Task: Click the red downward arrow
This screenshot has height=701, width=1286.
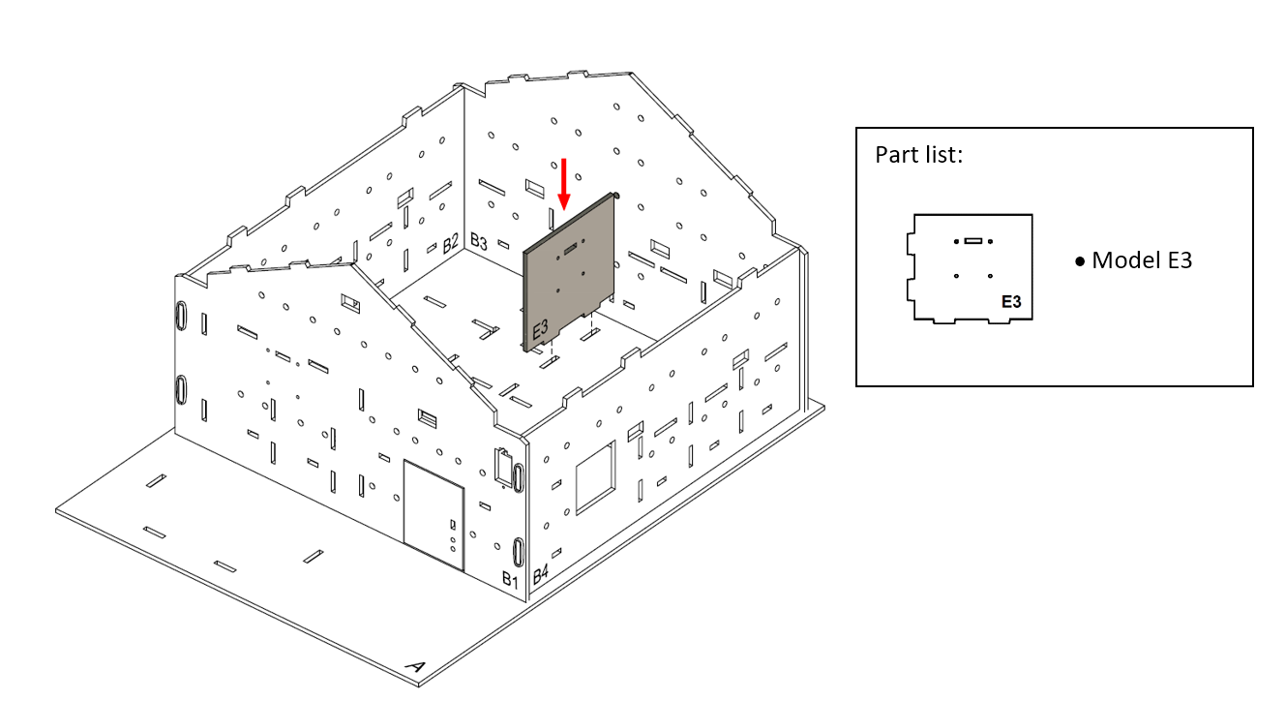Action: (x=564, y=184)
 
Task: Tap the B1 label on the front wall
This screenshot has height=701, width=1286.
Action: (x=510, y=579)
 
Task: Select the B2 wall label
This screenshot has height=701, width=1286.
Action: (x=451, y=243)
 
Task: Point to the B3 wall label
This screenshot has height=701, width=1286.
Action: (x=479, y=241)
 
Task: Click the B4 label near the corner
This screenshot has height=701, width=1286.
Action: (x=541, y=573)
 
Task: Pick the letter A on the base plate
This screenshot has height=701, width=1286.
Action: (x=415, y=666)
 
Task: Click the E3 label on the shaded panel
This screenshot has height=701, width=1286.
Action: (x=541, y=329)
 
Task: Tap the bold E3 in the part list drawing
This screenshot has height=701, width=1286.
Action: (x=1011, y=302)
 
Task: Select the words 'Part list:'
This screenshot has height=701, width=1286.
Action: (x=918, y=155)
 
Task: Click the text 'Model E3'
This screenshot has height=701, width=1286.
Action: (x=1142, y=260)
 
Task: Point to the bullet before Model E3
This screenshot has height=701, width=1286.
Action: (x=1080, y=262)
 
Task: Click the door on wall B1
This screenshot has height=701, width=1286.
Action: (x=434, y=515)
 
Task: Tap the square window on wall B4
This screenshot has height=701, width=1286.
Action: (x=595, y=477)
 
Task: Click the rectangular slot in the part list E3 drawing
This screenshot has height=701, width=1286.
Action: (x=973, y=241)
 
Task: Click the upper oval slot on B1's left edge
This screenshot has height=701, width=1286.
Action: (x=181, y=316)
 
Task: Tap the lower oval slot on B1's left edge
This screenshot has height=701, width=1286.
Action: (x=181, y=389)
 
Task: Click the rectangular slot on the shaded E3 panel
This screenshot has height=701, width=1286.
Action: (x=570, y=248)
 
